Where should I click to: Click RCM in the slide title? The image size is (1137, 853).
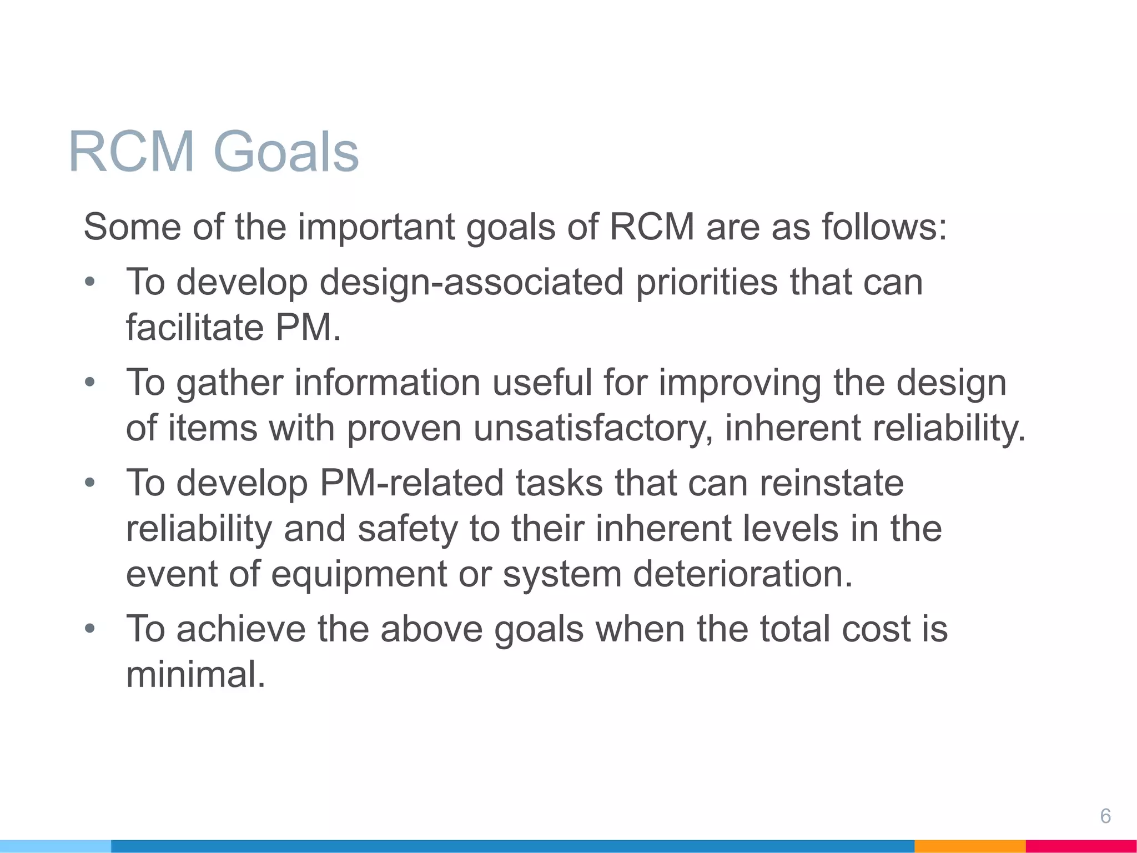coord(132,152)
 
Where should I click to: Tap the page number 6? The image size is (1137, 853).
coord(1105,816)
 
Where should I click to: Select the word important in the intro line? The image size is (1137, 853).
coord(376,227)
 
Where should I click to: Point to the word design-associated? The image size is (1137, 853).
coord(471,282)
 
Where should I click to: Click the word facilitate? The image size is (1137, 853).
coord(195,327)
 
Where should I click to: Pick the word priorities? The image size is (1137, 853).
coord(706,282)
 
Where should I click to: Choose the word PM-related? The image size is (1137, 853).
coord(411,483)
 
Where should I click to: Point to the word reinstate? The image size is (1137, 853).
coord(831,483)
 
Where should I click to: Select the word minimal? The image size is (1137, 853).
coord(195,674)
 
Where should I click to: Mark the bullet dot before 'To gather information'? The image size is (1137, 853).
coord(90,383)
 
